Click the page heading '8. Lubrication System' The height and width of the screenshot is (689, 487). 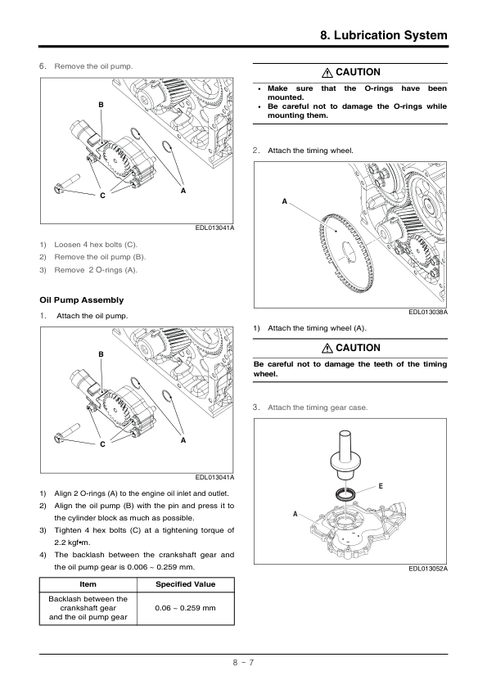384,35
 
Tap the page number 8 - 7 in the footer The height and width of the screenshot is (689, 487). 244,662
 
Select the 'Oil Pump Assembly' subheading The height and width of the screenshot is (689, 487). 82,300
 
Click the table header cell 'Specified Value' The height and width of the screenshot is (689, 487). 186,584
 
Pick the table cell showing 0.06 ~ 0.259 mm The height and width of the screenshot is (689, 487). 186,608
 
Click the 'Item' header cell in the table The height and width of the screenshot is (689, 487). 88,584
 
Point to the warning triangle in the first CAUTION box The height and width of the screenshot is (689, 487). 327,73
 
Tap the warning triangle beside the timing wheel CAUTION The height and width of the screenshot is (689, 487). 327,349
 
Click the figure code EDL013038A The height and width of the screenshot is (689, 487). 428,312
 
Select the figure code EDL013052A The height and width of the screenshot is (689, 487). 428,569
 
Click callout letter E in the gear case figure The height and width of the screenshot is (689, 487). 381,486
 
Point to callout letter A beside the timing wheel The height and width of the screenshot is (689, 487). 284,201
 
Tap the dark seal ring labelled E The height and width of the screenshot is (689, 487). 345,494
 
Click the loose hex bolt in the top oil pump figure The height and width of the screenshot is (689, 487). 67,182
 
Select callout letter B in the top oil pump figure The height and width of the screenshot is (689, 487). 101,105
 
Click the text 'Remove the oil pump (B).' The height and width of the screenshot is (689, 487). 100,257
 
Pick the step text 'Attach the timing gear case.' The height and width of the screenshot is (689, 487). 318,408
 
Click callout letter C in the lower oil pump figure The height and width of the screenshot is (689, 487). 102,444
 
